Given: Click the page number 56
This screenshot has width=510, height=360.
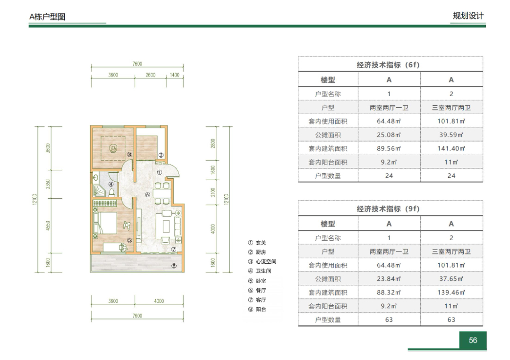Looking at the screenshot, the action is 473,340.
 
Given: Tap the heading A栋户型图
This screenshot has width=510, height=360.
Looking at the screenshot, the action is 48,17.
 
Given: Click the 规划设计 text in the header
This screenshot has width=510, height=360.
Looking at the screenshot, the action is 468,16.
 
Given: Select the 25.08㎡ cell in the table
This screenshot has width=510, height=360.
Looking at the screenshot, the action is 389,135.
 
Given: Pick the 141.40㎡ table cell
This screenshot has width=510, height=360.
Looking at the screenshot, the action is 451,149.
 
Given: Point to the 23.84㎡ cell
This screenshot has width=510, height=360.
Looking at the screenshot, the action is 389,279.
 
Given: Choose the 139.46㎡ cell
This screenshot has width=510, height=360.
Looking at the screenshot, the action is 451,293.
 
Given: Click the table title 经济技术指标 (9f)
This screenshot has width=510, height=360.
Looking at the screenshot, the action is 388,209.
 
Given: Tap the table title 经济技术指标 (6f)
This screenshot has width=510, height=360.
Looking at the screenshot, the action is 388,65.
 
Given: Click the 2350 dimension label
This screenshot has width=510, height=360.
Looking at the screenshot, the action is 48,184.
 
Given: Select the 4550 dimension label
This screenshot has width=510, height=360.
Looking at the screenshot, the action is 48,226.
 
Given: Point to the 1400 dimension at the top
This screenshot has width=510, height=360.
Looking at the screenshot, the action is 175,75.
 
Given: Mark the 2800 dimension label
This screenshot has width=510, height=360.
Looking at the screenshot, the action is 213,143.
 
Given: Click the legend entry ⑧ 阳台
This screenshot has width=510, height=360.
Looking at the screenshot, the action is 257,310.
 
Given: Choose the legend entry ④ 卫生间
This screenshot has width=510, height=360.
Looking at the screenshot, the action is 260,271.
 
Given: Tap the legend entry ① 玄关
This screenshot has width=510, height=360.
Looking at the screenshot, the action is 257,243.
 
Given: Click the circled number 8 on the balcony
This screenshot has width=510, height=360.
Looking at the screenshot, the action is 174,266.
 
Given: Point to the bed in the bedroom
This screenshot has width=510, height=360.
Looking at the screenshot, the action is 105,223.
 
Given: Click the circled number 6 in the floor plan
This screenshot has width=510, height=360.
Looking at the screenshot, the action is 147,194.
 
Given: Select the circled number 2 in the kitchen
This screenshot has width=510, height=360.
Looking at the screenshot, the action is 161,155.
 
